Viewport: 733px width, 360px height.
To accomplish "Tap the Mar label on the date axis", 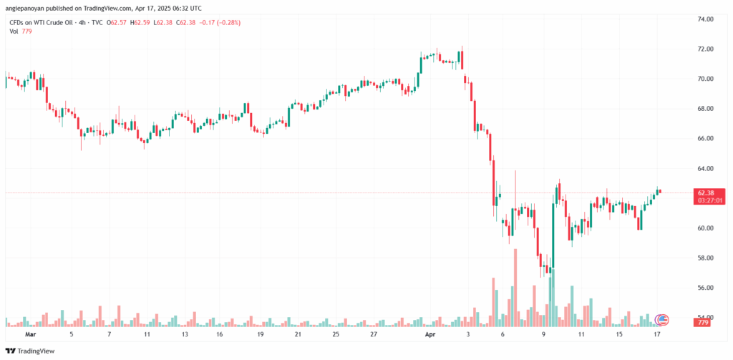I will tap(30, 334).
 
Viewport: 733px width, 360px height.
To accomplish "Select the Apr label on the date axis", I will tap(430, 334).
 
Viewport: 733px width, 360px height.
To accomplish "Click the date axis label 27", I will tap(374, 334).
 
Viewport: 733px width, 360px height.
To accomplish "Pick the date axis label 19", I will tap(261, 334).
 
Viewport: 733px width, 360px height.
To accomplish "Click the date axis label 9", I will tap(543, 334).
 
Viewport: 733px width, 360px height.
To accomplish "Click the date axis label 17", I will tap(656, 334).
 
